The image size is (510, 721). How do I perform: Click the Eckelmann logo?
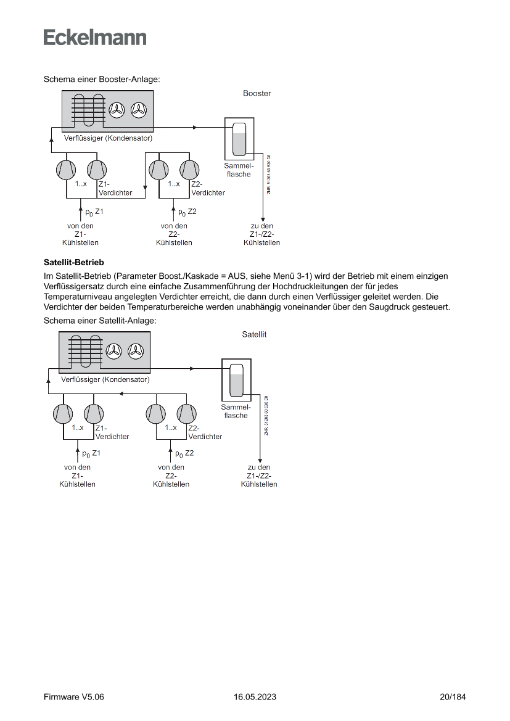pos(95,38)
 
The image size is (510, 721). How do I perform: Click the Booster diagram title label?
pos(257,94)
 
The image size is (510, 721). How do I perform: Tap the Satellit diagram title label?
pos(254,334)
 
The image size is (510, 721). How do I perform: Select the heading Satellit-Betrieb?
pos(73,262)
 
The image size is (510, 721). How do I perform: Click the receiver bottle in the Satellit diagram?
pos(236,381)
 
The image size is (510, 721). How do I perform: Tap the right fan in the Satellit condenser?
pos(136,352)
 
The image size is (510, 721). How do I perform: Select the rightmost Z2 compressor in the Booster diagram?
pos(189,169)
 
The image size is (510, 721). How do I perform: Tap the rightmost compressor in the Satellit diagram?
pos(186,413)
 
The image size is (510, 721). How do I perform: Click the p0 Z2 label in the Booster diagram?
pos(187,212)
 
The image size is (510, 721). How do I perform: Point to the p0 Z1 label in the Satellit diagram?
pos(91,453)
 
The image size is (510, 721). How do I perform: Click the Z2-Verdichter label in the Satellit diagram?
pos(205,432)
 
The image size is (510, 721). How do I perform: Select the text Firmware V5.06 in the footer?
pos(73,697)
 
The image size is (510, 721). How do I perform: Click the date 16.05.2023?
pos(255,697)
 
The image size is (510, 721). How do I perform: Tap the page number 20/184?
pos(453,697)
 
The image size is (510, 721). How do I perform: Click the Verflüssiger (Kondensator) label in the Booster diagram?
pos(108,138)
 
